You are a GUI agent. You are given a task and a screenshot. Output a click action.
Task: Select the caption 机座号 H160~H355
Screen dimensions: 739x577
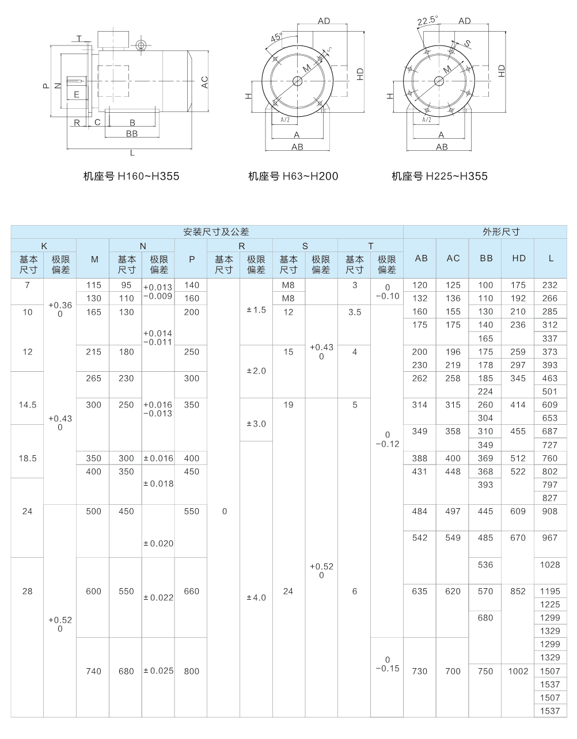[x=131, y=176]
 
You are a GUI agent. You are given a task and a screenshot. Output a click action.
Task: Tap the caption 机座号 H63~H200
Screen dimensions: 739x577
[x=293, y=176]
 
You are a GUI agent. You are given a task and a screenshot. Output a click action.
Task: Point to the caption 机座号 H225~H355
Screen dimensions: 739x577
[x=439, y=176]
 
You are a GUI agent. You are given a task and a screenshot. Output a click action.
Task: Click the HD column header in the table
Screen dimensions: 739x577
[x=518, y=258]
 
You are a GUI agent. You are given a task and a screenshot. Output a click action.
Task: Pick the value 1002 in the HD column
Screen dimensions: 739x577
[x=518, y=671]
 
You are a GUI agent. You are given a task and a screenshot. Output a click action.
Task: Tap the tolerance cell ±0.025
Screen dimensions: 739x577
[x=158, y=671]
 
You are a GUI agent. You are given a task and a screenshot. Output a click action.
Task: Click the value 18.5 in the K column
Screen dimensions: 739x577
[x=28, y=458]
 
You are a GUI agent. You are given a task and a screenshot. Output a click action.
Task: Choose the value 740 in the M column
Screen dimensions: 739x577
[x=93, y=671]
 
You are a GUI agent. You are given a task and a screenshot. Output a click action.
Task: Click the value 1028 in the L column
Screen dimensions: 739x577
[x=550, y=565]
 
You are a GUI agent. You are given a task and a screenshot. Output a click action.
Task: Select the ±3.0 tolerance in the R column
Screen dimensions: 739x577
[x=256, y=424]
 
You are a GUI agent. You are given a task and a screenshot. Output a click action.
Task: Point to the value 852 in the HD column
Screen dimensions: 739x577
[x=518, y=591]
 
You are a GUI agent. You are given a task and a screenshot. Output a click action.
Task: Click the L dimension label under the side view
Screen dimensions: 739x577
[x=132, y=153]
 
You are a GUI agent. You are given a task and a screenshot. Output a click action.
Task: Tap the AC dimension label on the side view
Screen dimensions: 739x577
[x=204, y=83]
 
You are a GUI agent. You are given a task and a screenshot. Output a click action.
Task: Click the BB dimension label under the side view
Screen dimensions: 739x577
[x=132, y=134]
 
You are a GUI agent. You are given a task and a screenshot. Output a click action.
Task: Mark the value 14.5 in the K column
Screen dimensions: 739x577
[x=28, y=405]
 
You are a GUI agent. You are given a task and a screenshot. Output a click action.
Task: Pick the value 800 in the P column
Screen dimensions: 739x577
[x=192, y=671]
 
